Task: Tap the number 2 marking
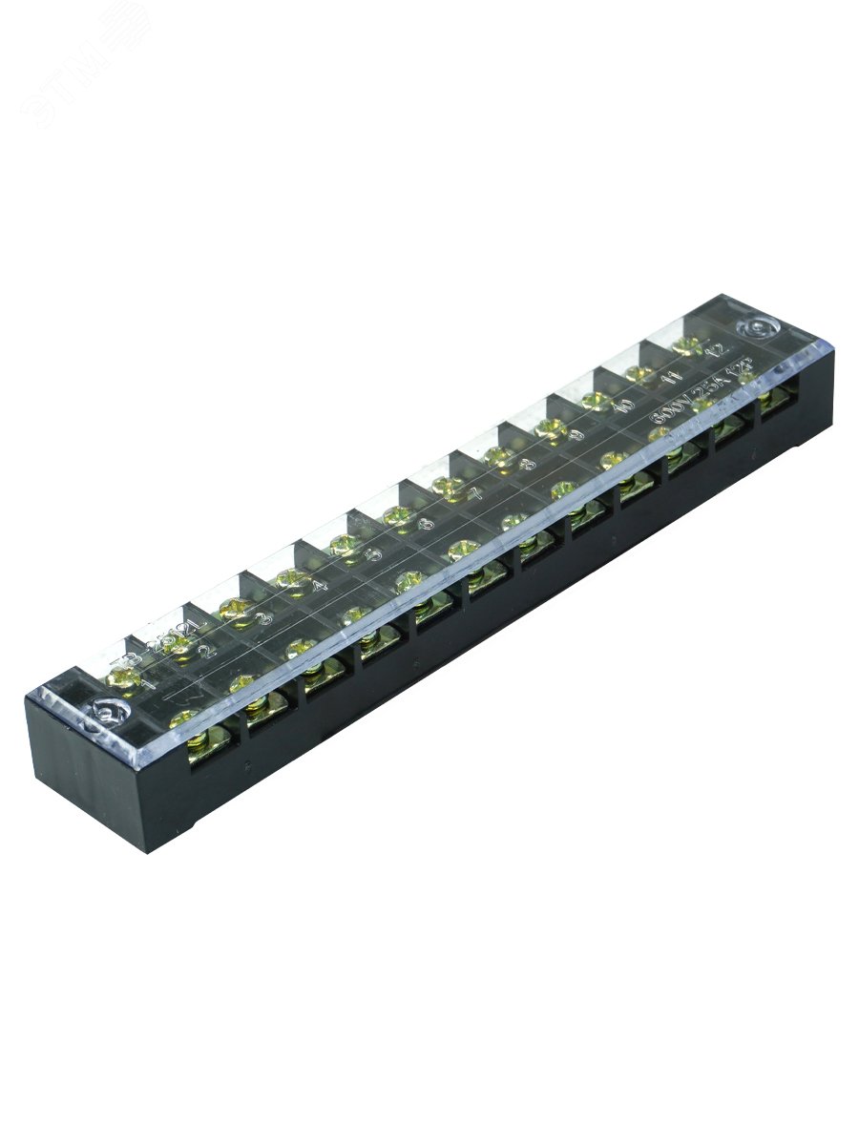pos(204,652)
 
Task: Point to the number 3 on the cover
pos(263,618)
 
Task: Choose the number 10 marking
pos(625,405)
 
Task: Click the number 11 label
pos(675,379)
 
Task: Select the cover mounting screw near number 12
pos(759,329)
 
